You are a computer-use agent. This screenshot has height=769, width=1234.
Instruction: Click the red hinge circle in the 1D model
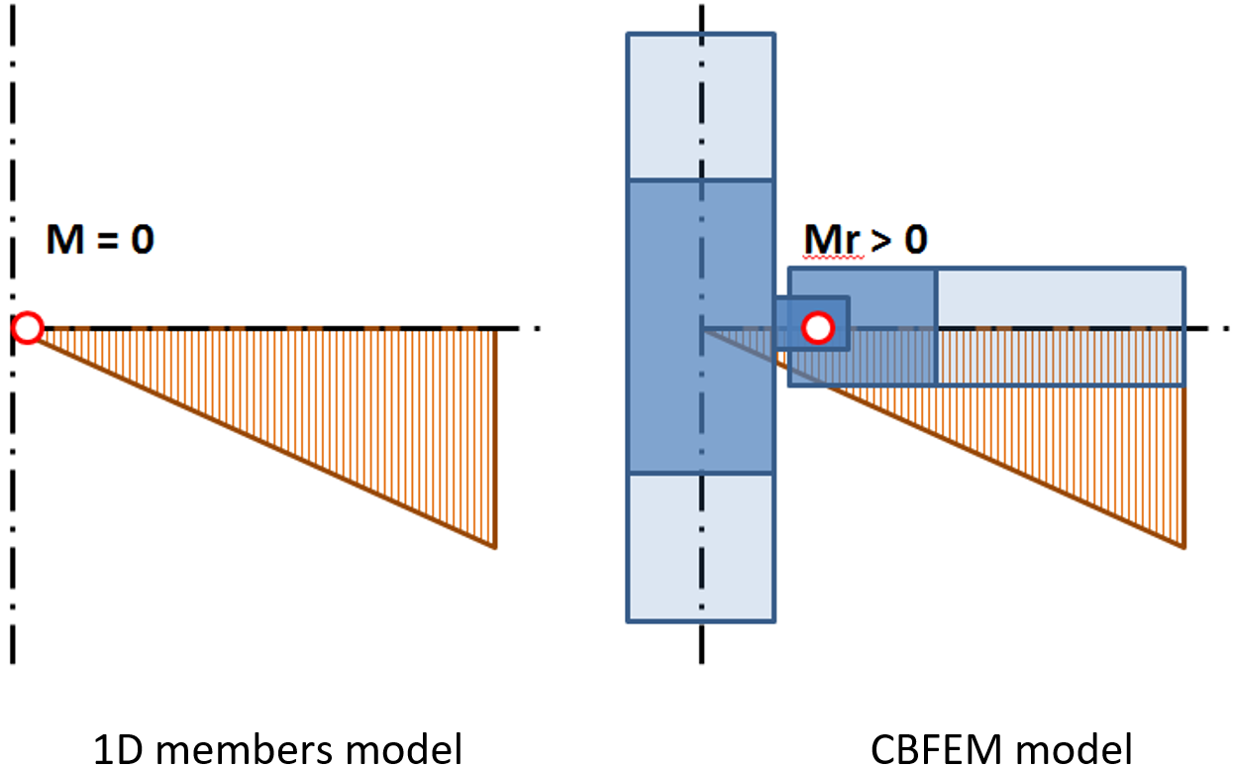29,327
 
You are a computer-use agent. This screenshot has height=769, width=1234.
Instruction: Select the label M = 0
99,240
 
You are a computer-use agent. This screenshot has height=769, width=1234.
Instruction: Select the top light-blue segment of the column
700,107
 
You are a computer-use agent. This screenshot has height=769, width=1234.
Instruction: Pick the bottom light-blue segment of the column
700,547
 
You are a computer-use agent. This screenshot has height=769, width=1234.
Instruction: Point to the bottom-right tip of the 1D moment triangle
494,546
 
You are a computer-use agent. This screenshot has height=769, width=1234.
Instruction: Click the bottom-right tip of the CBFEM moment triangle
1183,546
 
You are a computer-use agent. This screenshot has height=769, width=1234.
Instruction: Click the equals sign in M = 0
108,241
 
